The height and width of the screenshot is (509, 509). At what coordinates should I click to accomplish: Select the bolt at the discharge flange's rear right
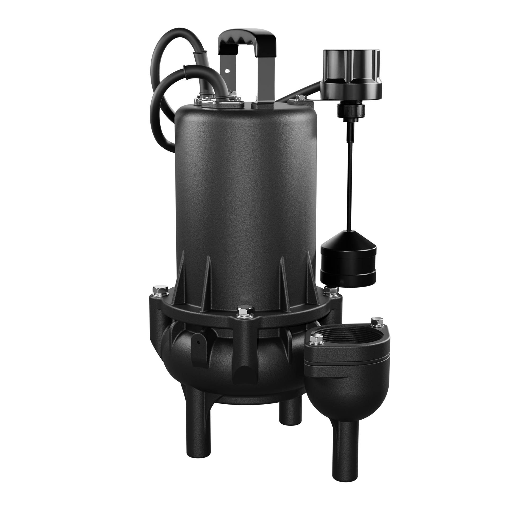point(376,322)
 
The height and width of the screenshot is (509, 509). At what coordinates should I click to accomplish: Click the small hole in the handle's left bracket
point(227,71)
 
